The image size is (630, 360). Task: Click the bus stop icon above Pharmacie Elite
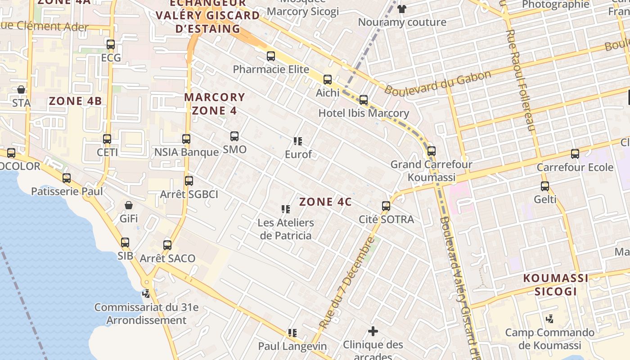point(270,56)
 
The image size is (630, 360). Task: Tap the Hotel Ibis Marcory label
point(364,113)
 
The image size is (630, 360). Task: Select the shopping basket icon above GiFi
point(129,205)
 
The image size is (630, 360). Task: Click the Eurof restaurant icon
point(297,141)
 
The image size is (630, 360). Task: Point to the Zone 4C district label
point(325,202)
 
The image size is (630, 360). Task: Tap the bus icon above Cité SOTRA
point(386,206)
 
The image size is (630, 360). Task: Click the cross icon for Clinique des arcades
point(373,332)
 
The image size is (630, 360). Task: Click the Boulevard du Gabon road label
point(437,83)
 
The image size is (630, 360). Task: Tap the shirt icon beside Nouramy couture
point(402,9)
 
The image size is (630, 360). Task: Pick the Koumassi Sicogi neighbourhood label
point(555,285)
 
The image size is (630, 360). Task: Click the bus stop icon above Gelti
point(545,186)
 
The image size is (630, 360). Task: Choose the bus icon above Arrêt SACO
point(167,245)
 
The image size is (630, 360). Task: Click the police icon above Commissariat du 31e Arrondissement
point(146,294)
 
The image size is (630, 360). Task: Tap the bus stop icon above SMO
point(234,136)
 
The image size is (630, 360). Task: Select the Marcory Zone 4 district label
point(215,104)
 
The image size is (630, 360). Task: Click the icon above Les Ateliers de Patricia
point(285,209)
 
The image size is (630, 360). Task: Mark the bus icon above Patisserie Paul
point(67,178)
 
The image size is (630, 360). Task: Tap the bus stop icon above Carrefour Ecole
point(575,154)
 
